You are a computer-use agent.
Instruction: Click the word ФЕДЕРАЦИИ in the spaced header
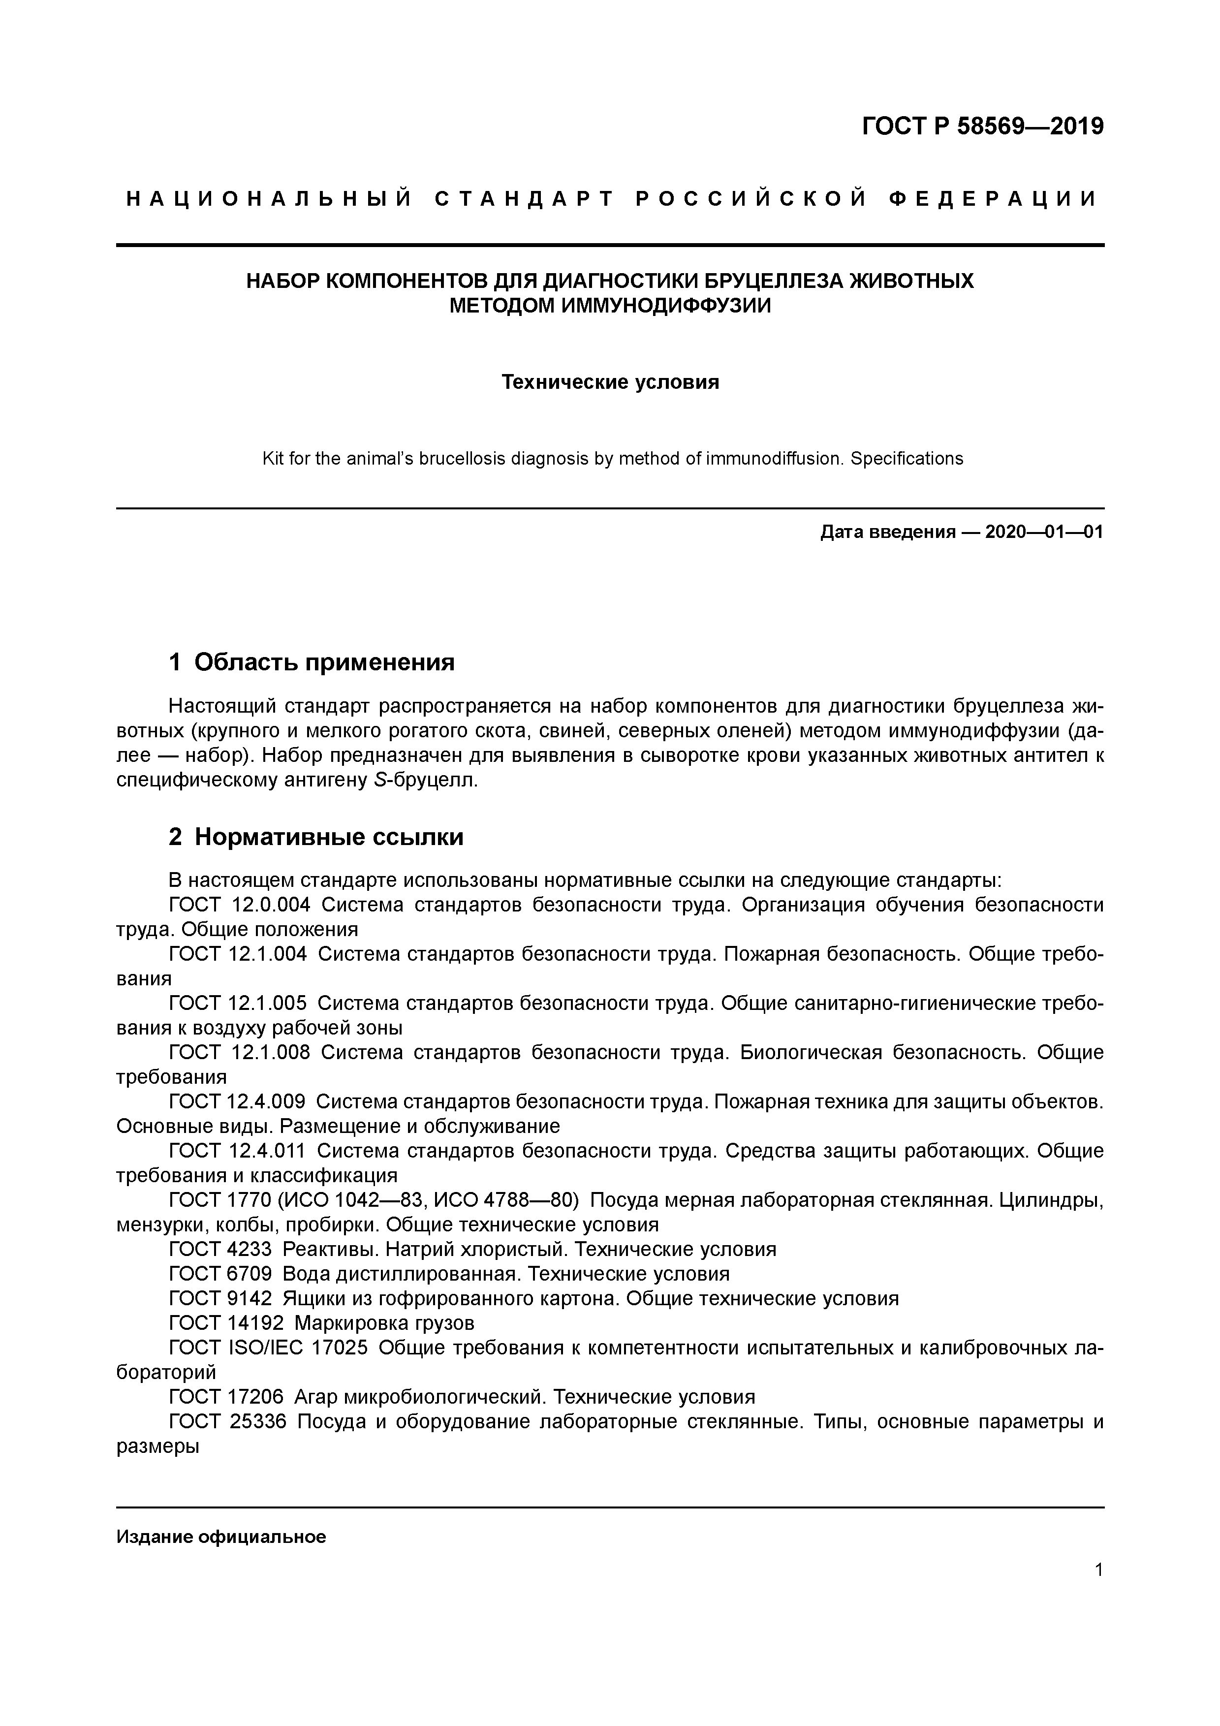click(x=992, y=199)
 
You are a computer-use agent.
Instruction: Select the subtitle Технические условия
click(x=610, y=382)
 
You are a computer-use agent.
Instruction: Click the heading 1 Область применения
click(x=312, y=662)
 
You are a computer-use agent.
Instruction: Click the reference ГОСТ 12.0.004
click(x=240, y=905)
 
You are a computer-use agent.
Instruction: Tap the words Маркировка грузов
click(x=384, y=1323)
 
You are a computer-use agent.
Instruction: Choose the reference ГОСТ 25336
click(x=228, y=1421)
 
